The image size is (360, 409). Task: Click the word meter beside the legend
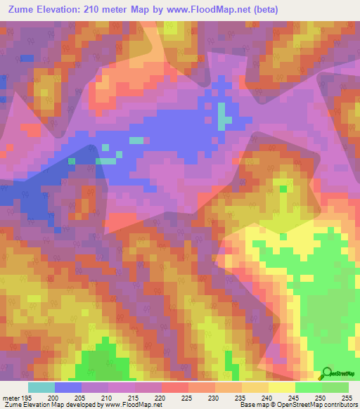tap(11, 397)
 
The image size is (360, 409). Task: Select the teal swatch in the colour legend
tap(41, 387)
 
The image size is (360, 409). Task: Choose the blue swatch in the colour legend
tap(68, 387)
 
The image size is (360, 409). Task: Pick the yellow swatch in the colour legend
tap(281, 387)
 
